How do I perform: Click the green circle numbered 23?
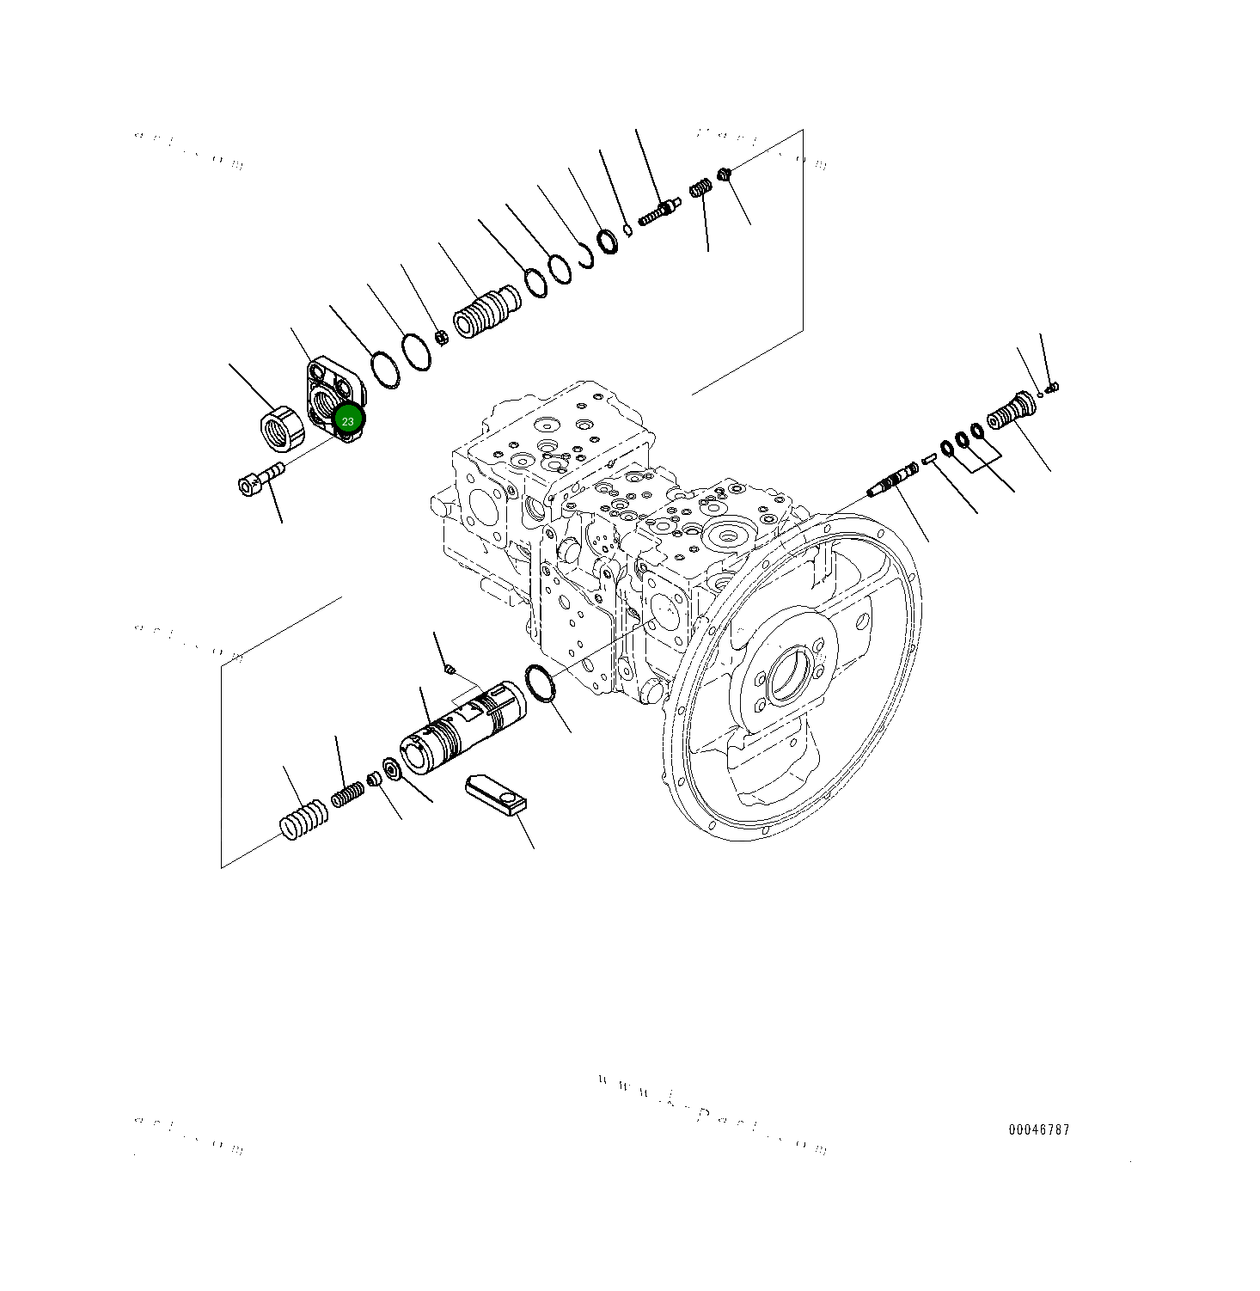tap(347, 420)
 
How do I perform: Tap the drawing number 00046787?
tap(1039, 1130)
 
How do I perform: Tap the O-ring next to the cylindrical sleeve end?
tap(539, 682)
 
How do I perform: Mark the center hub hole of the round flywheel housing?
tap(789, 675)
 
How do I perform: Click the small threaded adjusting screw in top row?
tap(659, 211)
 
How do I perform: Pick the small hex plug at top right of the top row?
tap(724, 174)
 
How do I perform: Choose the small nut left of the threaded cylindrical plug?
tap(441, 337)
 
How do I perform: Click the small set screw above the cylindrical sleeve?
tap(449, 670)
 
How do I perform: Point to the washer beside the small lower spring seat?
tap(391, 768)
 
